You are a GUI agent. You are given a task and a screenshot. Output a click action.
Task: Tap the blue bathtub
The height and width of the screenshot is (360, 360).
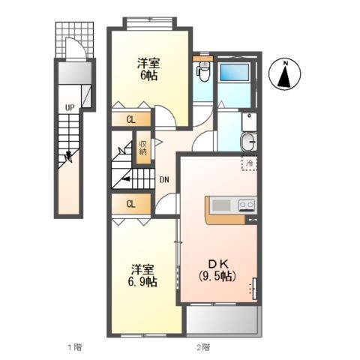click(235, 72)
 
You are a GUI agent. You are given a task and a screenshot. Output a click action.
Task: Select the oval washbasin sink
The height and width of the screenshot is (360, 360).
click(249, 142)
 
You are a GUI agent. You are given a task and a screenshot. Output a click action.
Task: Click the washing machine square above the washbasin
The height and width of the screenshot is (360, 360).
click(249, 121)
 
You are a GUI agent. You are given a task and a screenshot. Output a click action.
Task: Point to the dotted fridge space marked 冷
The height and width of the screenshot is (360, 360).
click(249, 163)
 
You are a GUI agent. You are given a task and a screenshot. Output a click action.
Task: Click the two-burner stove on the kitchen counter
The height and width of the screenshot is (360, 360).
click(247, 205)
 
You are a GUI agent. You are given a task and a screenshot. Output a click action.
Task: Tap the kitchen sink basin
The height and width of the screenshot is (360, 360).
click(221, 205)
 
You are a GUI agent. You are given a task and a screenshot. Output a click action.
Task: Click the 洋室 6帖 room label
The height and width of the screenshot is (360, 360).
click(148, 69)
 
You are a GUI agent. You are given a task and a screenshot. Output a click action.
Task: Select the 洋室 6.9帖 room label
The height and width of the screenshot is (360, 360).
click(142, 275)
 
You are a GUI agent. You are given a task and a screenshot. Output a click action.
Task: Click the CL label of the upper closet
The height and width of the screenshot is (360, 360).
click(131, 120)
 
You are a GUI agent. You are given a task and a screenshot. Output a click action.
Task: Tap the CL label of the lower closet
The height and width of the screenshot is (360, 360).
click(131, 204)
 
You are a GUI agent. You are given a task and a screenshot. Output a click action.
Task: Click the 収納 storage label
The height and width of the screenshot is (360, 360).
click(143, 148)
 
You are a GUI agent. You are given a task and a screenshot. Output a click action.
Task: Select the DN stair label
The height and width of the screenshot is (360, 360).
click(164, 179)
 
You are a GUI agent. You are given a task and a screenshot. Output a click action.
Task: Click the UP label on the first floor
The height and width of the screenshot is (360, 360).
click(70, 108)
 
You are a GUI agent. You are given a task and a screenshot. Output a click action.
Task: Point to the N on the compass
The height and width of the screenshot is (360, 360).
click(285, 64)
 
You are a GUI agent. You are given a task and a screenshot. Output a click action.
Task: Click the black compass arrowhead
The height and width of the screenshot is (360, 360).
click(284, 77)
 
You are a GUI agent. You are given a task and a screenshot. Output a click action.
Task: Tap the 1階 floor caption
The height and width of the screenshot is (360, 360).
click(75, 347)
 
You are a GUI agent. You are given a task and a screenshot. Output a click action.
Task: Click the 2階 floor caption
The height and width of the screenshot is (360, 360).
click(203, 347)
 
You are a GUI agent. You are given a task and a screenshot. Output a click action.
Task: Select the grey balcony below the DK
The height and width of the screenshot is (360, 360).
click(222, 320)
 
